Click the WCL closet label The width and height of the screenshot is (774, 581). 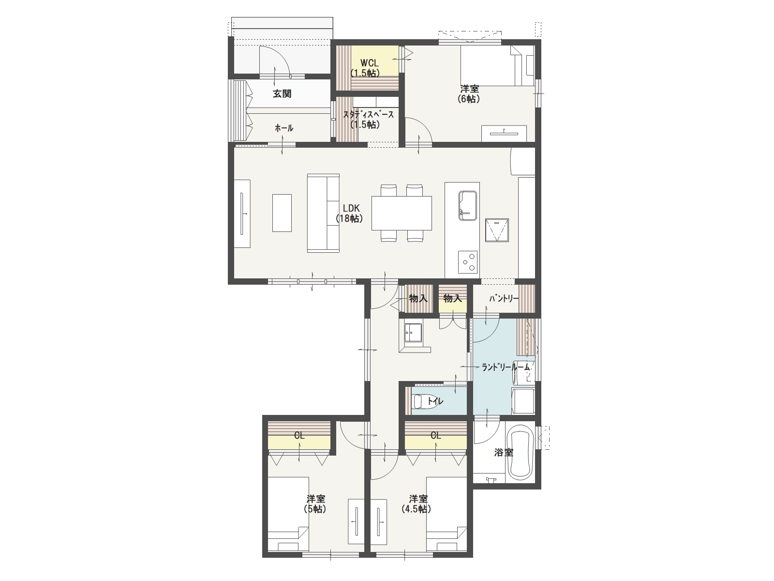369,63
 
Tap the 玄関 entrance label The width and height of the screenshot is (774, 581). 282,94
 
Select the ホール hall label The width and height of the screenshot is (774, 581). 284,128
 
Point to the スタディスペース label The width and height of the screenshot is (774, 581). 369,115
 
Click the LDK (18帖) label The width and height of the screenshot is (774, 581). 349,214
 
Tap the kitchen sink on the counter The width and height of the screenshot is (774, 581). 468,206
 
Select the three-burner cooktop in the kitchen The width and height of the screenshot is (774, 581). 468,262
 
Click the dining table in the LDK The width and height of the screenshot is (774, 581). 402,213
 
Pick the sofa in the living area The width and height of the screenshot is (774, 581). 323,213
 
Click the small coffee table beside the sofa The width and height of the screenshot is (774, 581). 282,213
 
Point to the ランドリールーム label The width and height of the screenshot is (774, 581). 506,367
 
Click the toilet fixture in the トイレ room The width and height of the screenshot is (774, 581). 425,401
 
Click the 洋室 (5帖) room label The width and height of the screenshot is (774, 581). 315,504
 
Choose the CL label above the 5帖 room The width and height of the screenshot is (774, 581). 299,436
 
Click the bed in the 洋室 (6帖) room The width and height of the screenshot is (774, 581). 498,66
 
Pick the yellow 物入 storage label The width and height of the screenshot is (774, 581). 452,299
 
